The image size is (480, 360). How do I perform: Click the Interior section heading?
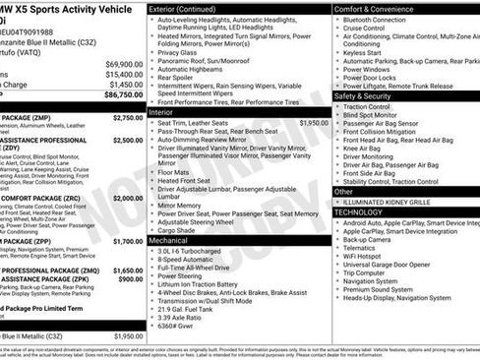pyautogui.click(x=163, y=113)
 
